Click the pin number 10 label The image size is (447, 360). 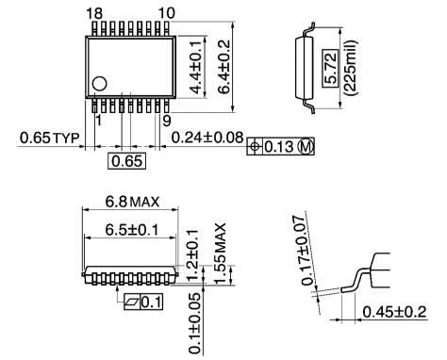click(166, 12)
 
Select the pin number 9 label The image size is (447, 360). click(166, 120)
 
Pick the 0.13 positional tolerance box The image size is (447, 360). click(280, 147)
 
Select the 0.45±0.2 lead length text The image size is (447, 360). click(396, 312)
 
